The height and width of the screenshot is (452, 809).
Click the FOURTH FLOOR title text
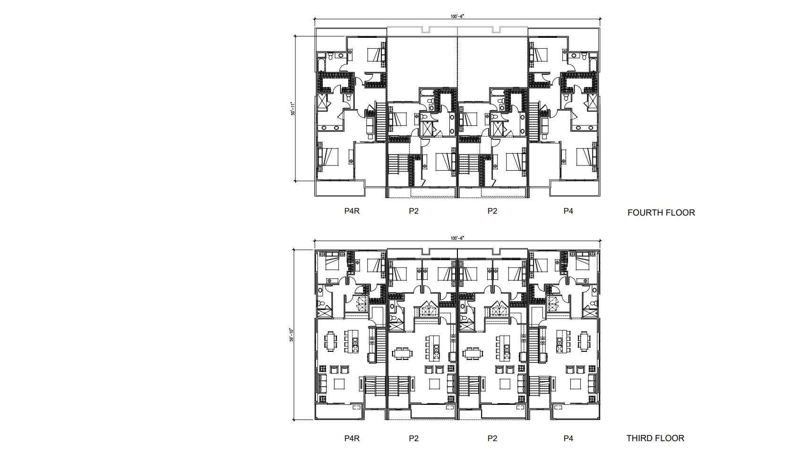pyautogui.click(x=661, y=213)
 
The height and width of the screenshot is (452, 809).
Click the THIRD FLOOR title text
pyautogui.click(x=655, y=438)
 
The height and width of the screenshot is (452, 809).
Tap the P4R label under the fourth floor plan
pyautogui.click(x=352, y=211)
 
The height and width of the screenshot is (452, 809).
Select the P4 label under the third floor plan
pyautogui.click(x=568, y=438)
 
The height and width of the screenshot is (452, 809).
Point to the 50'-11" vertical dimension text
pyautogui.click(x=293, y=109)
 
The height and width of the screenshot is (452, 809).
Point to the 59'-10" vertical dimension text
pyautogui.click(x=292, y=335)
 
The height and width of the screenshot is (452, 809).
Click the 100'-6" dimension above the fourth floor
pyautogui.click(x=457, y=16)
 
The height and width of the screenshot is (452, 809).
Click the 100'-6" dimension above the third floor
pyautogui.click(x=457, y=238)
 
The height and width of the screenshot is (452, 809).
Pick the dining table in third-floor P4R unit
pyautogui.click(x=331, y=341)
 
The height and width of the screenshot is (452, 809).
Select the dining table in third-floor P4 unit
pyautogui.click(x=585, y=341)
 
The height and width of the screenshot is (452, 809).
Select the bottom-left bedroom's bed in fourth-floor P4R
pyautogui.click(x=330, y=156)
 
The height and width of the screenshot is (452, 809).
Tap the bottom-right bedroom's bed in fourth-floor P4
pyautogui.click(x=584, y=156)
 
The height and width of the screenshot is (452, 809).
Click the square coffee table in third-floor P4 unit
pyautogui.click(x=575, y=384)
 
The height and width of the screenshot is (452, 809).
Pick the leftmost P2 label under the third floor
pyautogui.click(x=413, y=438)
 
